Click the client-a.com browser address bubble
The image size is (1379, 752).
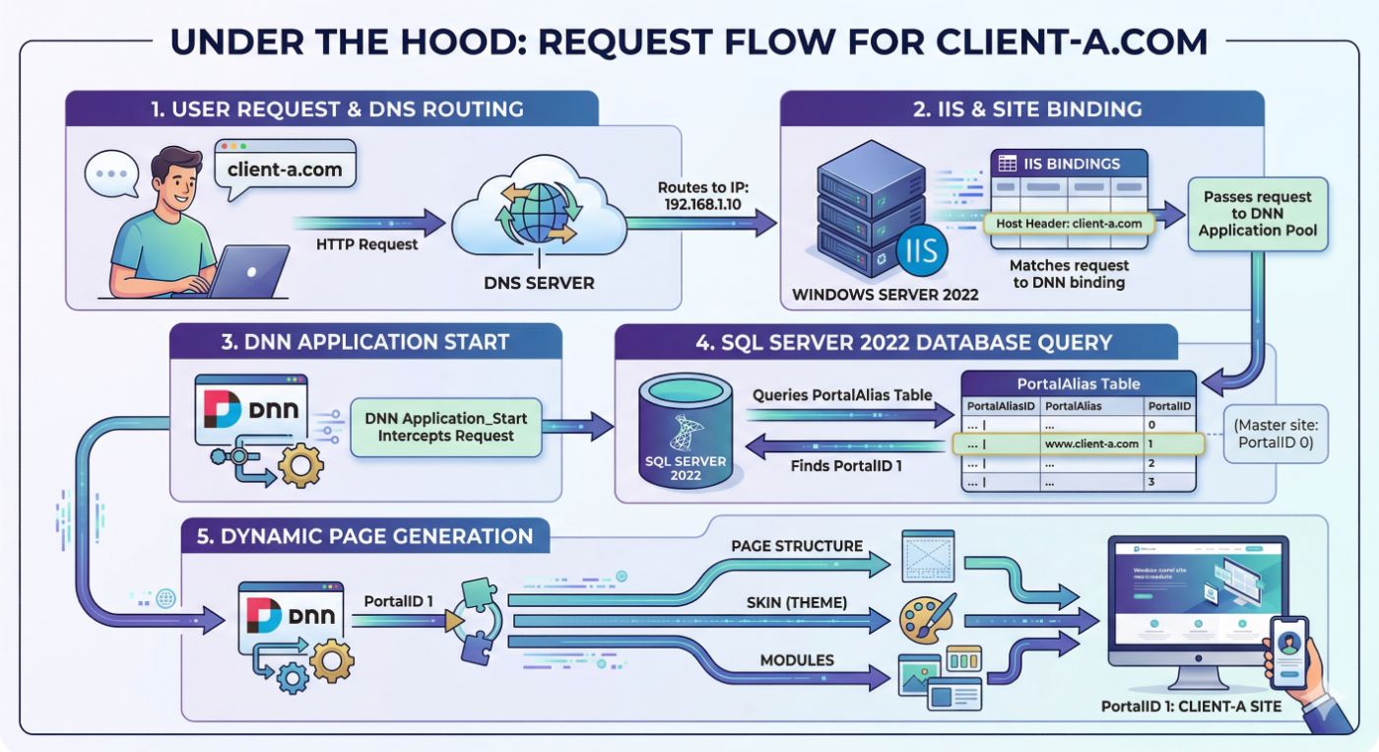click(x=285, y=169)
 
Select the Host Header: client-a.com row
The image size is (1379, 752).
click(x=1069, y=224)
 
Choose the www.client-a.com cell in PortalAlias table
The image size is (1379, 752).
click(x=1091, y=444)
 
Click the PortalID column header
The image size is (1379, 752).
click(x=1170, y=406)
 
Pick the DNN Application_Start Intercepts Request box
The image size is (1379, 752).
click(x=445, y=427)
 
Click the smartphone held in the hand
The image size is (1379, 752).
click(x=1287, y=653)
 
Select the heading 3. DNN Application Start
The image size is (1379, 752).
click(x=365, y=343)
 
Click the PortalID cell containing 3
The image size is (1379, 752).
click(x=1170, y=483)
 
